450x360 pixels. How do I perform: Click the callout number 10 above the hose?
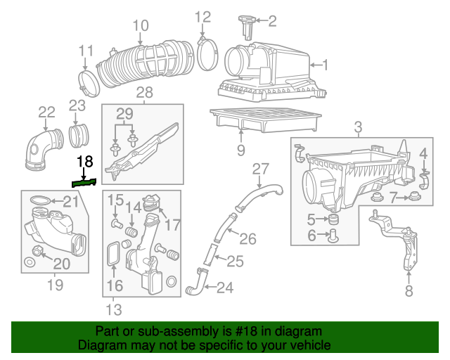pos(141,26)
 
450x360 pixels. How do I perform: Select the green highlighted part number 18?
pos(84,182)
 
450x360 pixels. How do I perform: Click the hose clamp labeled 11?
pos(89,83)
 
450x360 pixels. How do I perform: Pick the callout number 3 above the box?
pos(358,127)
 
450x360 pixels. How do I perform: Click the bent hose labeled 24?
pos(195,286)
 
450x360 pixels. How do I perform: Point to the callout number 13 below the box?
pos(113,310)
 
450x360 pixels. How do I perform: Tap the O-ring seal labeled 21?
pos(43,202)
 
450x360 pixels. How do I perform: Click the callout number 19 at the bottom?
pos(55,285)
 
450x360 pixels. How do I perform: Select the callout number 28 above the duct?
pos(144,93)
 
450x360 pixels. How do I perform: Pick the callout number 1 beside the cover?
pos(326,65)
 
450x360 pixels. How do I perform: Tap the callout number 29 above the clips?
pos(124,115)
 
